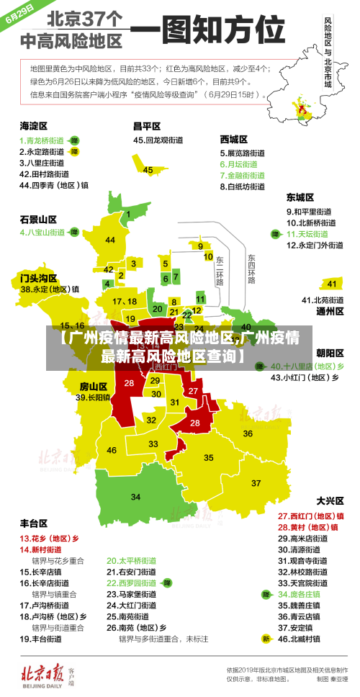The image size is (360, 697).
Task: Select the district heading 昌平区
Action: (x=146, y=125)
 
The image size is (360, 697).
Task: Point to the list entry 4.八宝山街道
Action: (x=42, y=233)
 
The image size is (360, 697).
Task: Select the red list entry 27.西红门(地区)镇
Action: (x=310, y=516)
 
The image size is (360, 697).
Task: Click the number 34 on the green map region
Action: (x=135, y=497)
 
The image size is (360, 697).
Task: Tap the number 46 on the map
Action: (x=112, y=450)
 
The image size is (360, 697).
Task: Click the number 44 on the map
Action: (x=110, y=240)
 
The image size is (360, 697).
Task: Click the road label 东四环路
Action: (x=251, y=267)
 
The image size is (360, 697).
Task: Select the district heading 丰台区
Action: (x=34, y=523)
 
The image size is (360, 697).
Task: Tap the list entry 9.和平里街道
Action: (x=309, y=212)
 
